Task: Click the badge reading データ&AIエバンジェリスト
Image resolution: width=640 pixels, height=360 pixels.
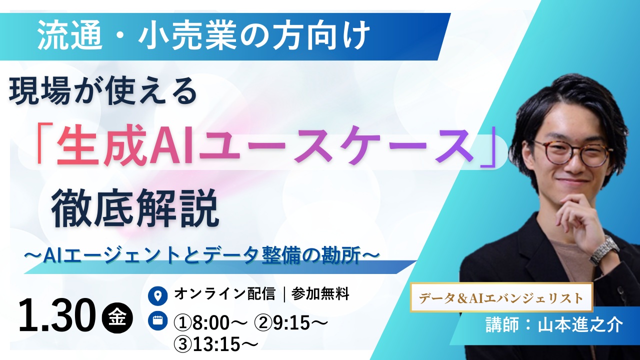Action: click(501, 298)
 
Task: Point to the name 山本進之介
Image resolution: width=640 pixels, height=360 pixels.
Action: click(580, 325)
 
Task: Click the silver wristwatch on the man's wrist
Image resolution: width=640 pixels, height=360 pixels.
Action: click(604, 249)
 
